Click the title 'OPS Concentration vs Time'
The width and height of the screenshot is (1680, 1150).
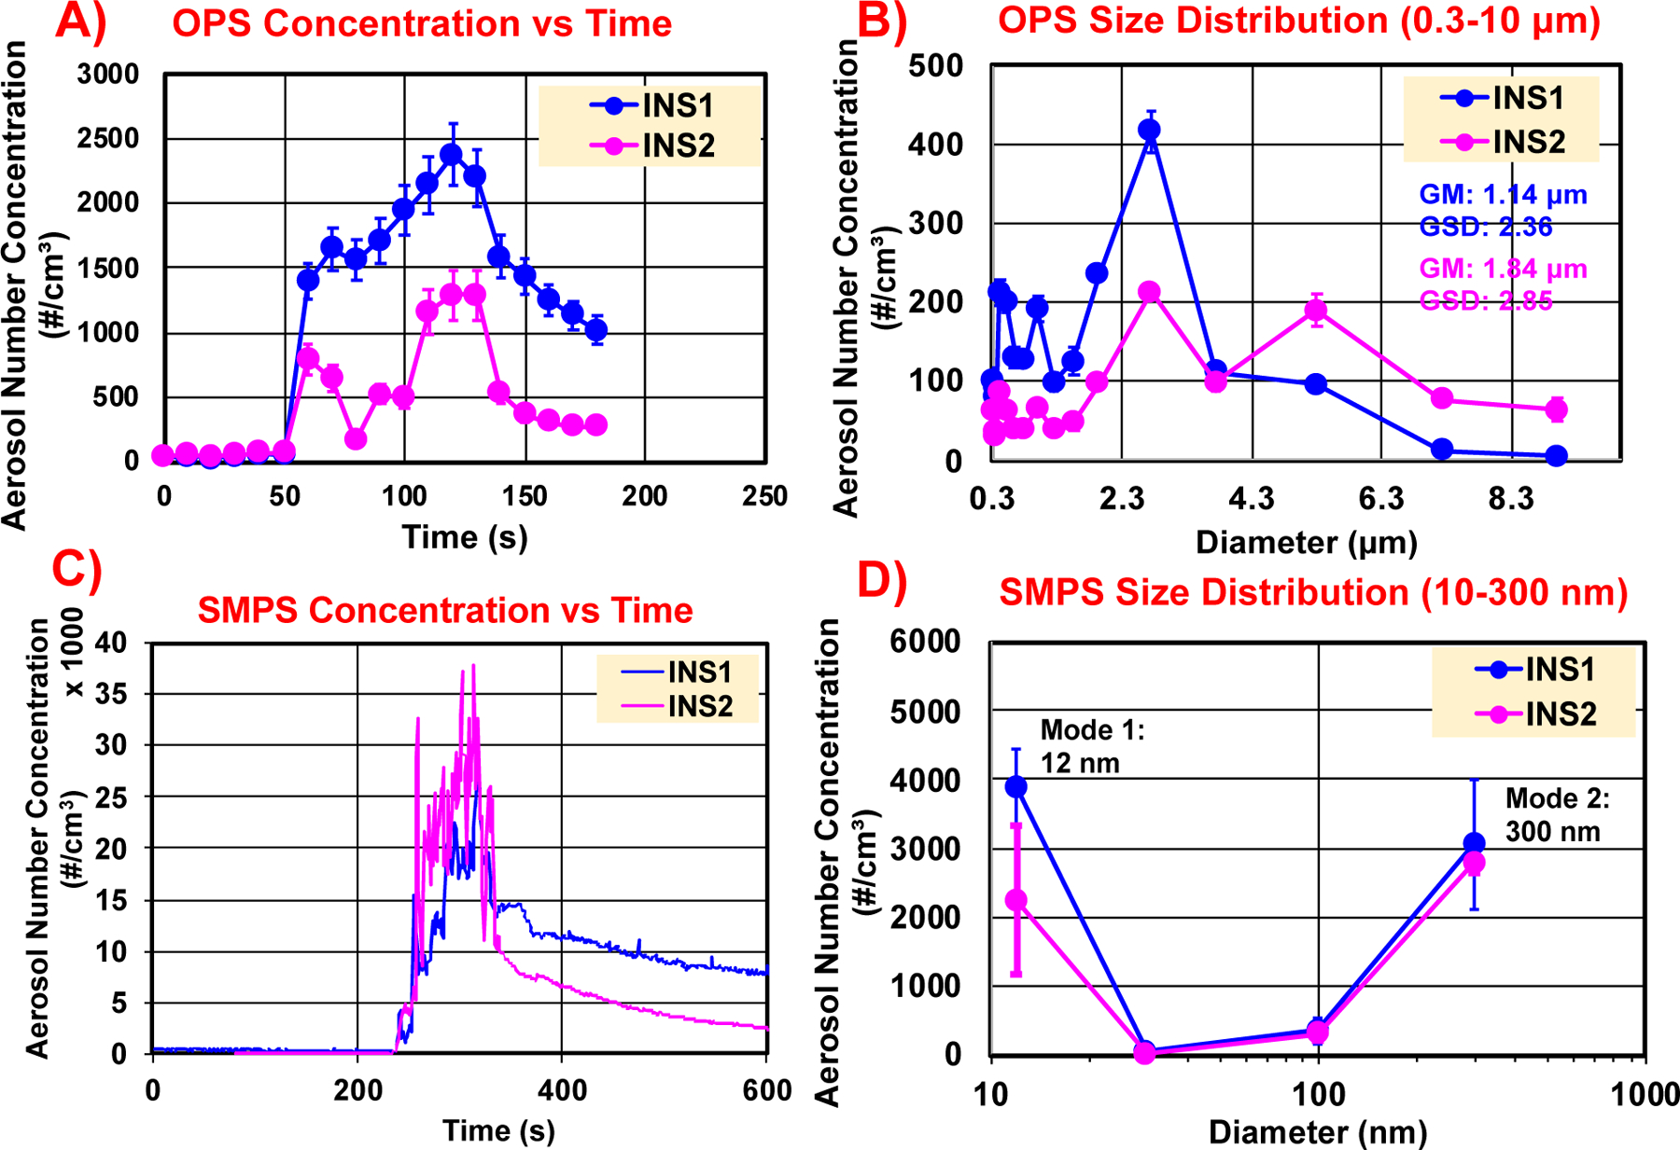pos(422,23)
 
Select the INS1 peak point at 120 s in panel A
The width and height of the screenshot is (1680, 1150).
pos(452,155)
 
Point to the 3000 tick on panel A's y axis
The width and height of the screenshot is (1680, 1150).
pos(107,75)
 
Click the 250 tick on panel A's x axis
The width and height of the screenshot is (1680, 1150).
pos(764,496)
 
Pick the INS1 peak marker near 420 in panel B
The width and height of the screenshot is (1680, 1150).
pos(1150,131)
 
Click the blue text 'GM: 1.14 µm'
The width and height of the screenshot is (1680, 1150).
pos(1503,195)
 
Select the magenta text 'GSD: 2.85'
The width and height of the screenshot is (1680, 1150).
pos(1486,301)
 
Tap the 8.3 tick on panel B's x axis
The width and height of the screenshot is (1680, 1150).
pos(1510,500)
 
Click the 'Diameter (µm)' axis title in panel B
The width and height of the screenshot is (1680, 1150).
pos(1306,543)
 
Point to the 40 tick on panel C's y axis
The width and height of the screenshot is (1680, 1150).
pos(111,643)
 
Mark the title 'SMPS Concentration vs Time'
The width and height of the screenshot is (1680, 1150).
pos(445,611)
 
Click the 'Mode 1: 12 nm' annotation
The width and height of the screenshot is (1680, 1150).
pos(1091,746)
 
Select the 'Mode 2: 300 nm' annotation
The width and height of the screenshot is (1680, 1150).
pos(1557,815)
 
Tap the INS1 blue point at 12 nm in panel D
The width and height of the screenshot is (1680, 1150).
pos(1016,787)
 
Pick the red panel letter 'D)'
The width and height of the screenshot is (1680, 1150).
pos(881,580)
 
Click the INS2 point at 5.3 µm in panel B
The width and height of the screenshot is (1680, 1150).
pos(1316,311)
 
